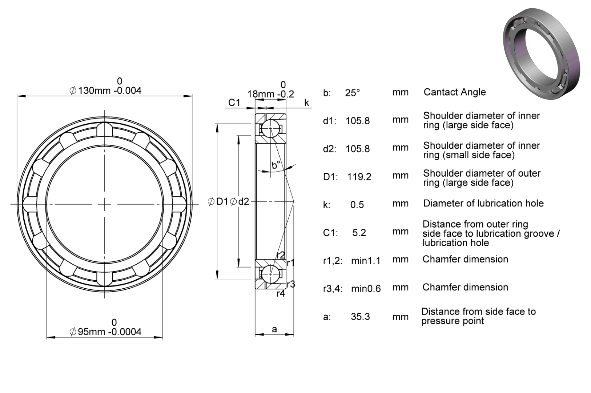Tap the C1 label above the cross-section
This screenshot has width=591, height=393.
pos(234,103)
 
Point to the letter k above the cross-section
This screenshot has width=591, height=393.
pos(306,103)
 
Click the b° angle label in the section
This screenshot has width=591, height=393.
pos(276,165)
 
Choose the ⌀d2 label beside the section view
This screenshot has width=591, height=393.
pos(239,202)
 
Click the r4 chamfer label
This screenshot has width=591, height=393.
pos(281,293)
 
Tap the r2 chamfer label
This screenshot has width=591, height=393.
pos(281,255)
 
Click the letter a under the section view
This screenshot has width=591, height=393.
pos(274,329)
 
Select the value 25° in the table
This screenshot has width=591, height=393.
pos(353,93)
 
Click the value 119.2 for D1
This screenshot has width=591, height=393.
pos(359,177)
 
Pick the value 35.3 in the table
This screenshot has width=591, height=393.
pos(361,316)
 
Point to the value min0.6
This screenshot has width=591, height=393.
pos(366,289)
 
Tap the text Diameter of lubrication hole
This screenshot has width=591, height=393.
pos(483,203)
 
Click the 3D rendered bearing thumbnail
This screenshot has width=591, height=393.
pos(542,54)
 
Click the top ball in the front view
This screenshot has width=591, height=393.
pos(105,129)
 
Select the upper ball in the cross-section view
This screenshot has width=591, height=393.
pos(271,129)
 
